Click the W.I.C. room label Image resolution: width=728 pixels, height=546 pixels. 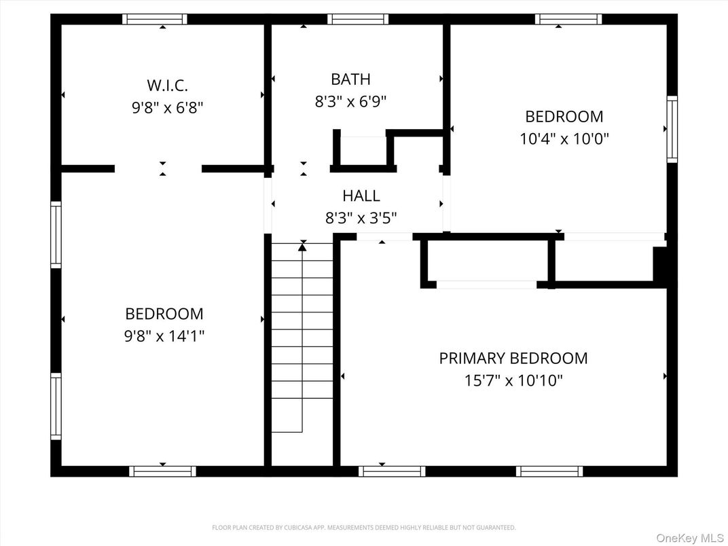pyautogui.click(x=167, y=86)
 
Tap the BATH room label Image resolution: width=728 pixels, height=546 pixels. pyautogui.click(x=350, y=79)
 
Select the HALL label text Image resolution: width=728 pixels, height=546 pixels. pyautogui.click(x=361, y=196)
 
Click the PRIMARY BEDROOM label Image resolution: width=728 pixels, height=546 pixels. pyautogui.click(x=513, y=358)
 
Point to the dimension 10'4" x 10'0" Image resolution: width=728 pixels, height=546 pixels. pyautogui.click(x=564, y=139)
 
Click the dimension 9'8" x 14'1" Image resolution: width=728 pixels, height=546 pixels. pyautogui.click(x=164, y=336)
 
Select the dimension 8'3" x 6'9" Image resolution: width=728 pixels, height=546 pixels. pyautogui.click(x=350, y=102)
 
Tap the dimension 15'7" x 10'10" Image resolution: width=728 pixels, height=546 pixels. pyautogui.click(x=513, y=380)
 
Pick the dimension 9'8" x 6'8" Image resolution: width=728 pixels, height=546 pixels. pyautogui.click(x=167, y=107)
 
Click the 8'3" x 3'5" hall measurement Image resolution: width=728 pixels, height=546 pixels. pyautogui.click(x=361, y=218)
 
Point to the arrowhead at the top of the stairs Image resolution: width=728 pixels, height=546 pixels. pyautogui.click(x=302, y=247)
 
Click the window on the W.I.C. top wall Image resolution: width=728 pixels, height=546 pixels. pyautogui.click(x=154, y=19)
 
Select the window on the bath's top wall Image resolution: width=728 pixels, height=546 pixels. pyautogui.click(x=358, y=19)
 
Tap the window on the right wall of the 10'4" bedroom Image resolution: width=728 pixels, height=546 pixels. pyautogui.click(x=672, y=129)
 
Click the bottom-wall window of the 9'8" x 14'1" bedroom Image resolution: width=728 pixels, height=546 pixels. pyautogui.click(x=162, y=471)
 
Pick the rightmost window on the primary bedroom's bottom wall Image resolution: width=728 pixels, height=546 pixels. pyautogui.click(x=549, y=471)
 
